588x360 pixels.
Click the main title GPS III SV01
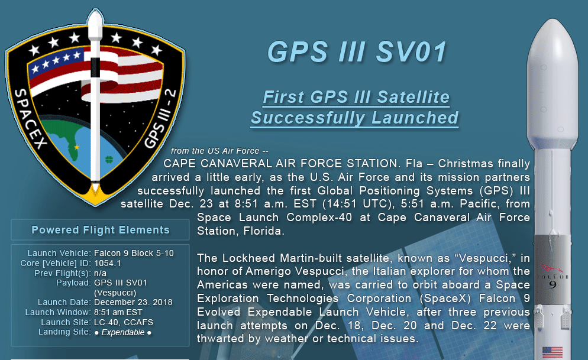357,51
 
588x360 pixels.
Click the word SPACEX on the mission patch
31,119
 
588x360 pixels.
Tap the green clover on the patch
109,160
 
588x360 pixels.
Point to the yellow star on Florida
76,147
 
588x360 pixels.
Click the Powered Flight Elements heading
101,229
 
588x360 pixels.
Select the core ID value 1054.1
108,263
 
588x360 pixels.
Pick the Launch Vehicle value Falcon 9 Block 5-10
134,253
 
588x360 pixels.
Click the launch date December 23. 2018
133,302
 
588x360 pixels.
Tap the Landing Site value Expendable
123,332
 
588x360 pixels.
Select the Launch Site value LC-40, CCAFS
124,322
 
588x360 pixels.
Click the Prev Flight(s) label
63,273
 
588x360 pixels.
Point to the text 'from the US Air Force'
215,151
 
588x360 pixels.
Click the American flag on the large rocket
553,352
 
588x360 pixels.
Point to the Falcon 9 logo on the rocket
553,277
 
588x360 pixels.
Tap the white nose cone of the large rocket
552,82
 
